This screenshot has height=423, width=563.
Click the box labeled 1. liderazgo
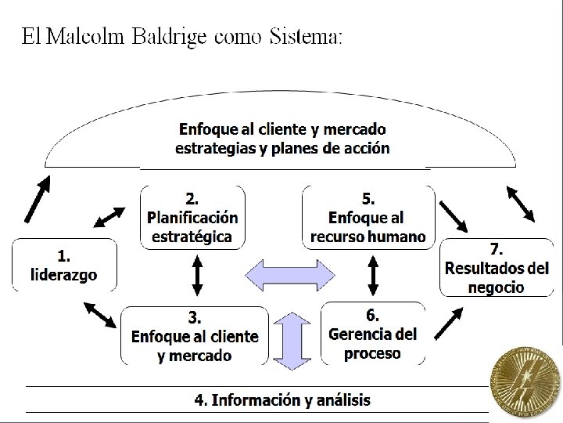coord(64,265)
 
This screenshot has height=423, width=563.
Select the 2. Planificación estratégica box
coord(192,217)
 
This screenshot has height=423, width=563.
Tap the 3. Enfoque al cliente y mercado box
coord(194,336)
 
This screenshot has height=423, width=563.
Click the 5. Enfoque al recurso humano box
coord(368,217)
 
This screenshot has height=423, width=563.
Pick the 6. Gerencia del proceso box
coord(373,333)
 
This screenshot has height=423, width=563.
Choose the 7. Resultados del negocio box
coord(497,268)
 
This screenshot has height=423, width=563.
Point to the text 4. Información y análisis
coord(282,400)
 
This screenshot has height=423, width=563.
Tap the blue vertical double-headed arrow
coord(289,339)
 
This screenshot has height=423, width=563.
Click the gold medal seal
coord(525,383)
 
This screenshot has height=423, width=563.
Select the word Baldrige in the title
coord(170,37)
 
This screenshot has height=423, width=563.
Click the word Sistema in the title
coord(306,37)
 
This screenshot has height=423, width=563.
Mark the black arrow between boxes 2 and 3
coord(197,276)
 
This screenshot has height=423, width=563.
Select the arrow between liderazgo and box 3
coord(102,314)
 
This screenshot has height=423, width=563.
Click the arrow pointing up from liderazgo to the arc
coord(38,201)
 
